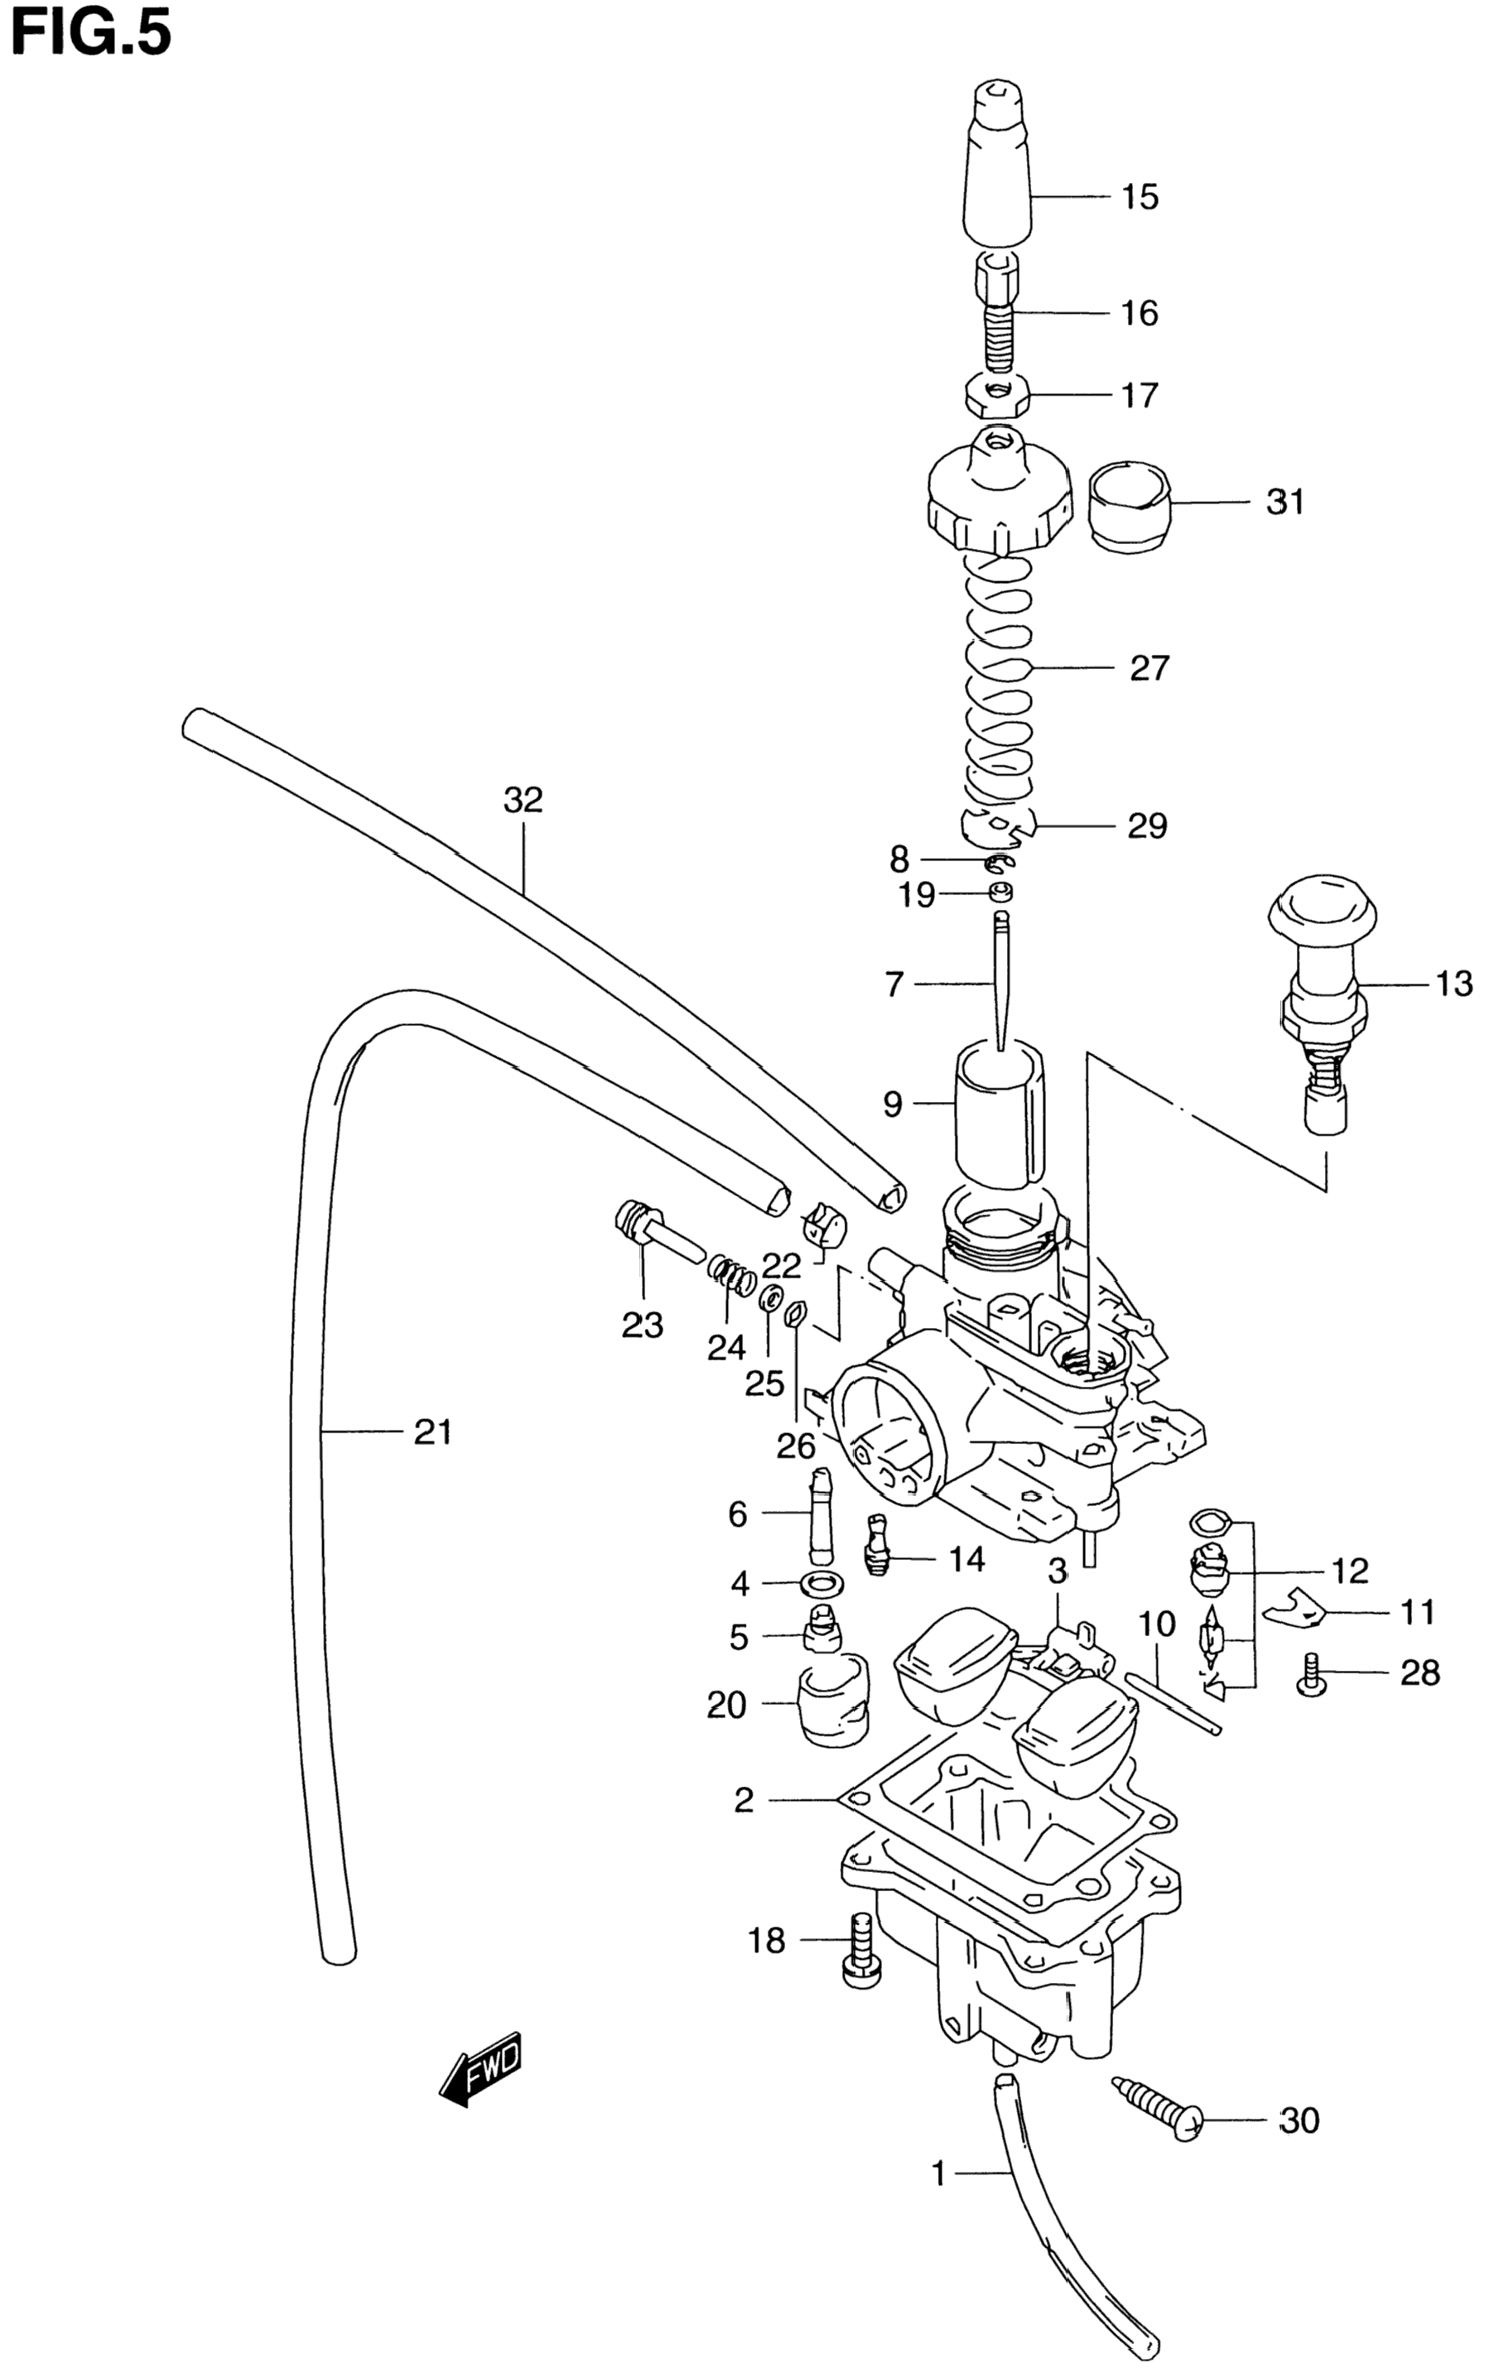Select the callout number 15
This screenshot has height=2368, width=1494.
[x=1140, y=198]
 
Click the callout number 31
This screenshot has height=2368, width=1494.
[x=1284, y=503]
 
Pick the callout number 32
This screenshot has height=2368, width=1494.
[x=523, y=801]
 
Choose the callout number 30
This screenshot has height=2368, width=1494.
[x=1299, y=2121]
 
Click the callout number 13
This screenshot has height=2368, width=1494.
[x=1453, y=984]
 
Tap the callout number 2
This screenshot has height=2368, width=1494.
[x=744, y=1800]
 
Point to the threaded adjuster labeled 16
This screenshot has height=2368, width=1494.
[x=997, y=315]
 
